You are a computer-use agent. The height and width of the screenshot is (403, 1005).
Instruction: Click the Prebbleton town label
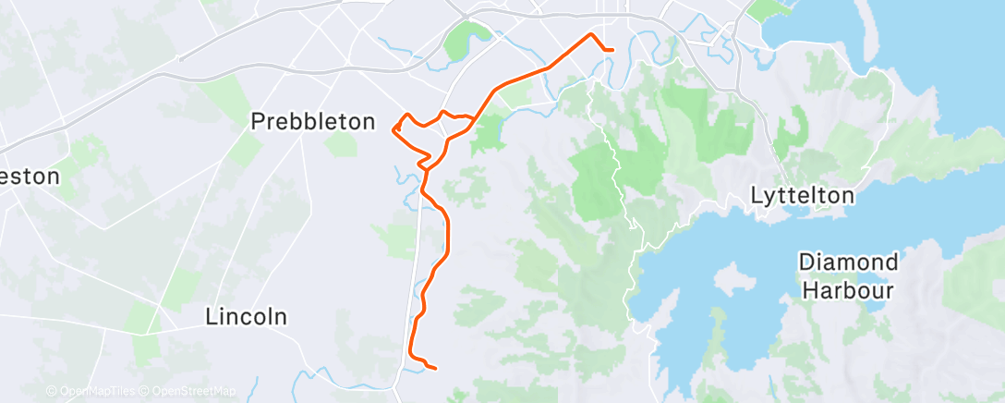(314, 121)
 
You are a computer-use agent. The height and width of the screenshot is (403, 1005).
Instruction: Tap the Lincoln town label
(246, 317)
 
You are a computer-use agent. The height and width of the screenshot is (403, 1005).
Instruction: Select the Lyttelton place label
(802, 196)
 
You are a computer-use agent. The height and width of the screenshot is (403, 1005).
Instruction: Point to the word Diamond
(848, 263)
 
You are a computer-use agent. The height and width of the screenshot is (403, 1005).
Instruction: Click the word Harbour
(847, 290)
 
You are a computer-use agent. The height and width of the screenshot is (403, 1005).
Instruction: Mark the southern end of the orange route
(433, 368)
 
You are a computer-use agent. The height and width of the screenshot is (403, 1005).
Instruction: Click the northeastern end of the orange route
(611, 49)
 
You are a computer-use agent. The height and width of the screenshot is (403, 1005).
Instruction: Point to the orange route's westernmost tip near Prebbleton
(394, 129)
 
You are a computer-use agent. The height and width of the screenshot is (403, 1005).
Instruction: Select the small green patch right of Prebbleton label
(341, 142)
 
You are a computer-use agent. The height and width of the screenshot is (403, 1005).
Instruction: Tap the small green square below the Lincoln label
(145, 348)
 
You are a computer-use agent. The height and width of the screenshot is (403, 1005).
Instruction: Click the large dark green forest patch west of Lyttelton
(596, 180)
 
